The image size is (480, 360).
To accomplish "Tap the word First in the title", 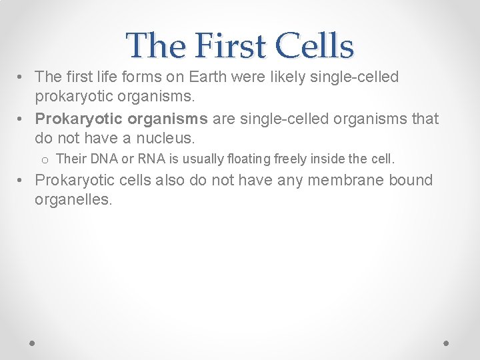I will coord(227,46).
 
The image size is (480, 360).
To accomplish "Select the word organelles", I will coord(73,200).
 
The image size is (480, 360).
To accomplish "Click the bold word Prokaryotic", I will coord(75,119).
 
